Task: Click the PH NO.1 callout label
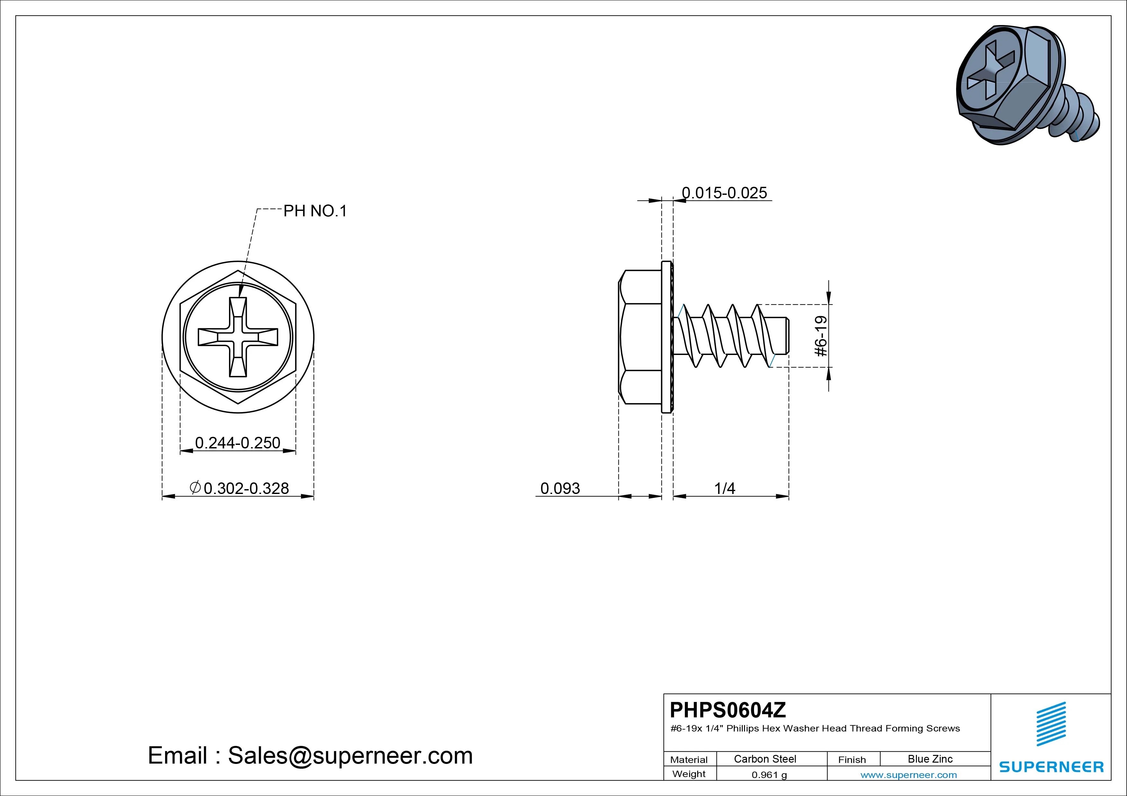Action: click(x=315, y=211)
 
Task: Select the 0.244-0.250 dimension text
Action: click(x=237, y=443)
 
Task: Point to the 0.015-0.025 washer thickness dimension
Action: click(x=724, y=193)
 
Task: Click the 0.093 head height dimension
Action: click(x=560, y=489)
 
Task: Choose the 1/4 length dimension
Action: click(x=724, y=489)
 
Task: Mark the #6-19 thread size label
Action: click(x=821, y=336)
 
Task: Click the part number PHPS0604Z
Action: click(x=728, y=710)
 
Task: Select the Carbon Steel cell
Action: click(x=765, y=759)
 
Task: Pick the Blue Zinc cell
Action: click(x=930, y=759)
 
